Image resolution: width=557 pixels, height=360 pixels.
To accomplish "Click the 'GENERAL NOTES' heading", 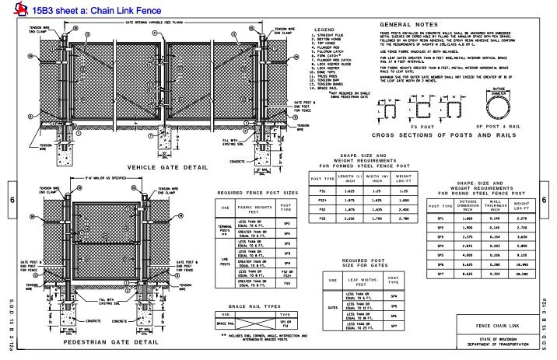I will click(x=405, y=25).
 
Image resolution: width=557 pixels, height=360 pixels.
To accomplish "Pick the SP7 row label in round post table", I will click(x=440, y=274).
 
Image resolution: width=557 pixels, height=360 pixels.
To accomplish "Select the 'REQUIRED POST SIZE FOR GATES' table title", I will click(x=365, y=264).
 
